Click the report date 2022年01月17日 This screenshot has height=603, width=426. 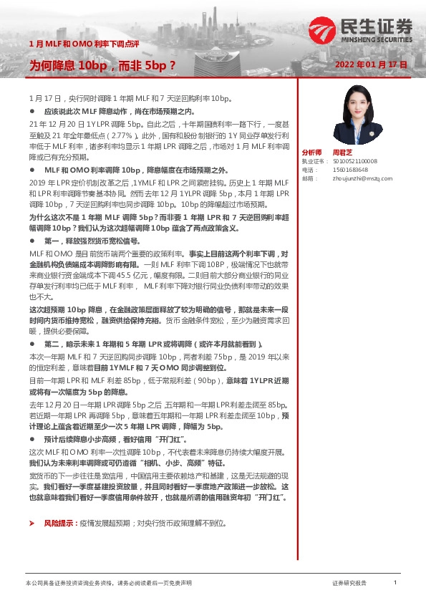tap(371, 64)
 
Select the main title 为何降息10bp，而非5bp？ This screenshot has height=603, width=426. tap(102, 64)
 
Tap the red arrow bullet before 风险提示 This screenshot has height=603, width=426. tap(32, 524)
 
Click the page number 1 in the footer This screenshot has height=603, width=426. tap(394, 583)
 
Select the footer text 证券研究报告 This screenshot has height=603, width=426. tap(349, 584)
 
